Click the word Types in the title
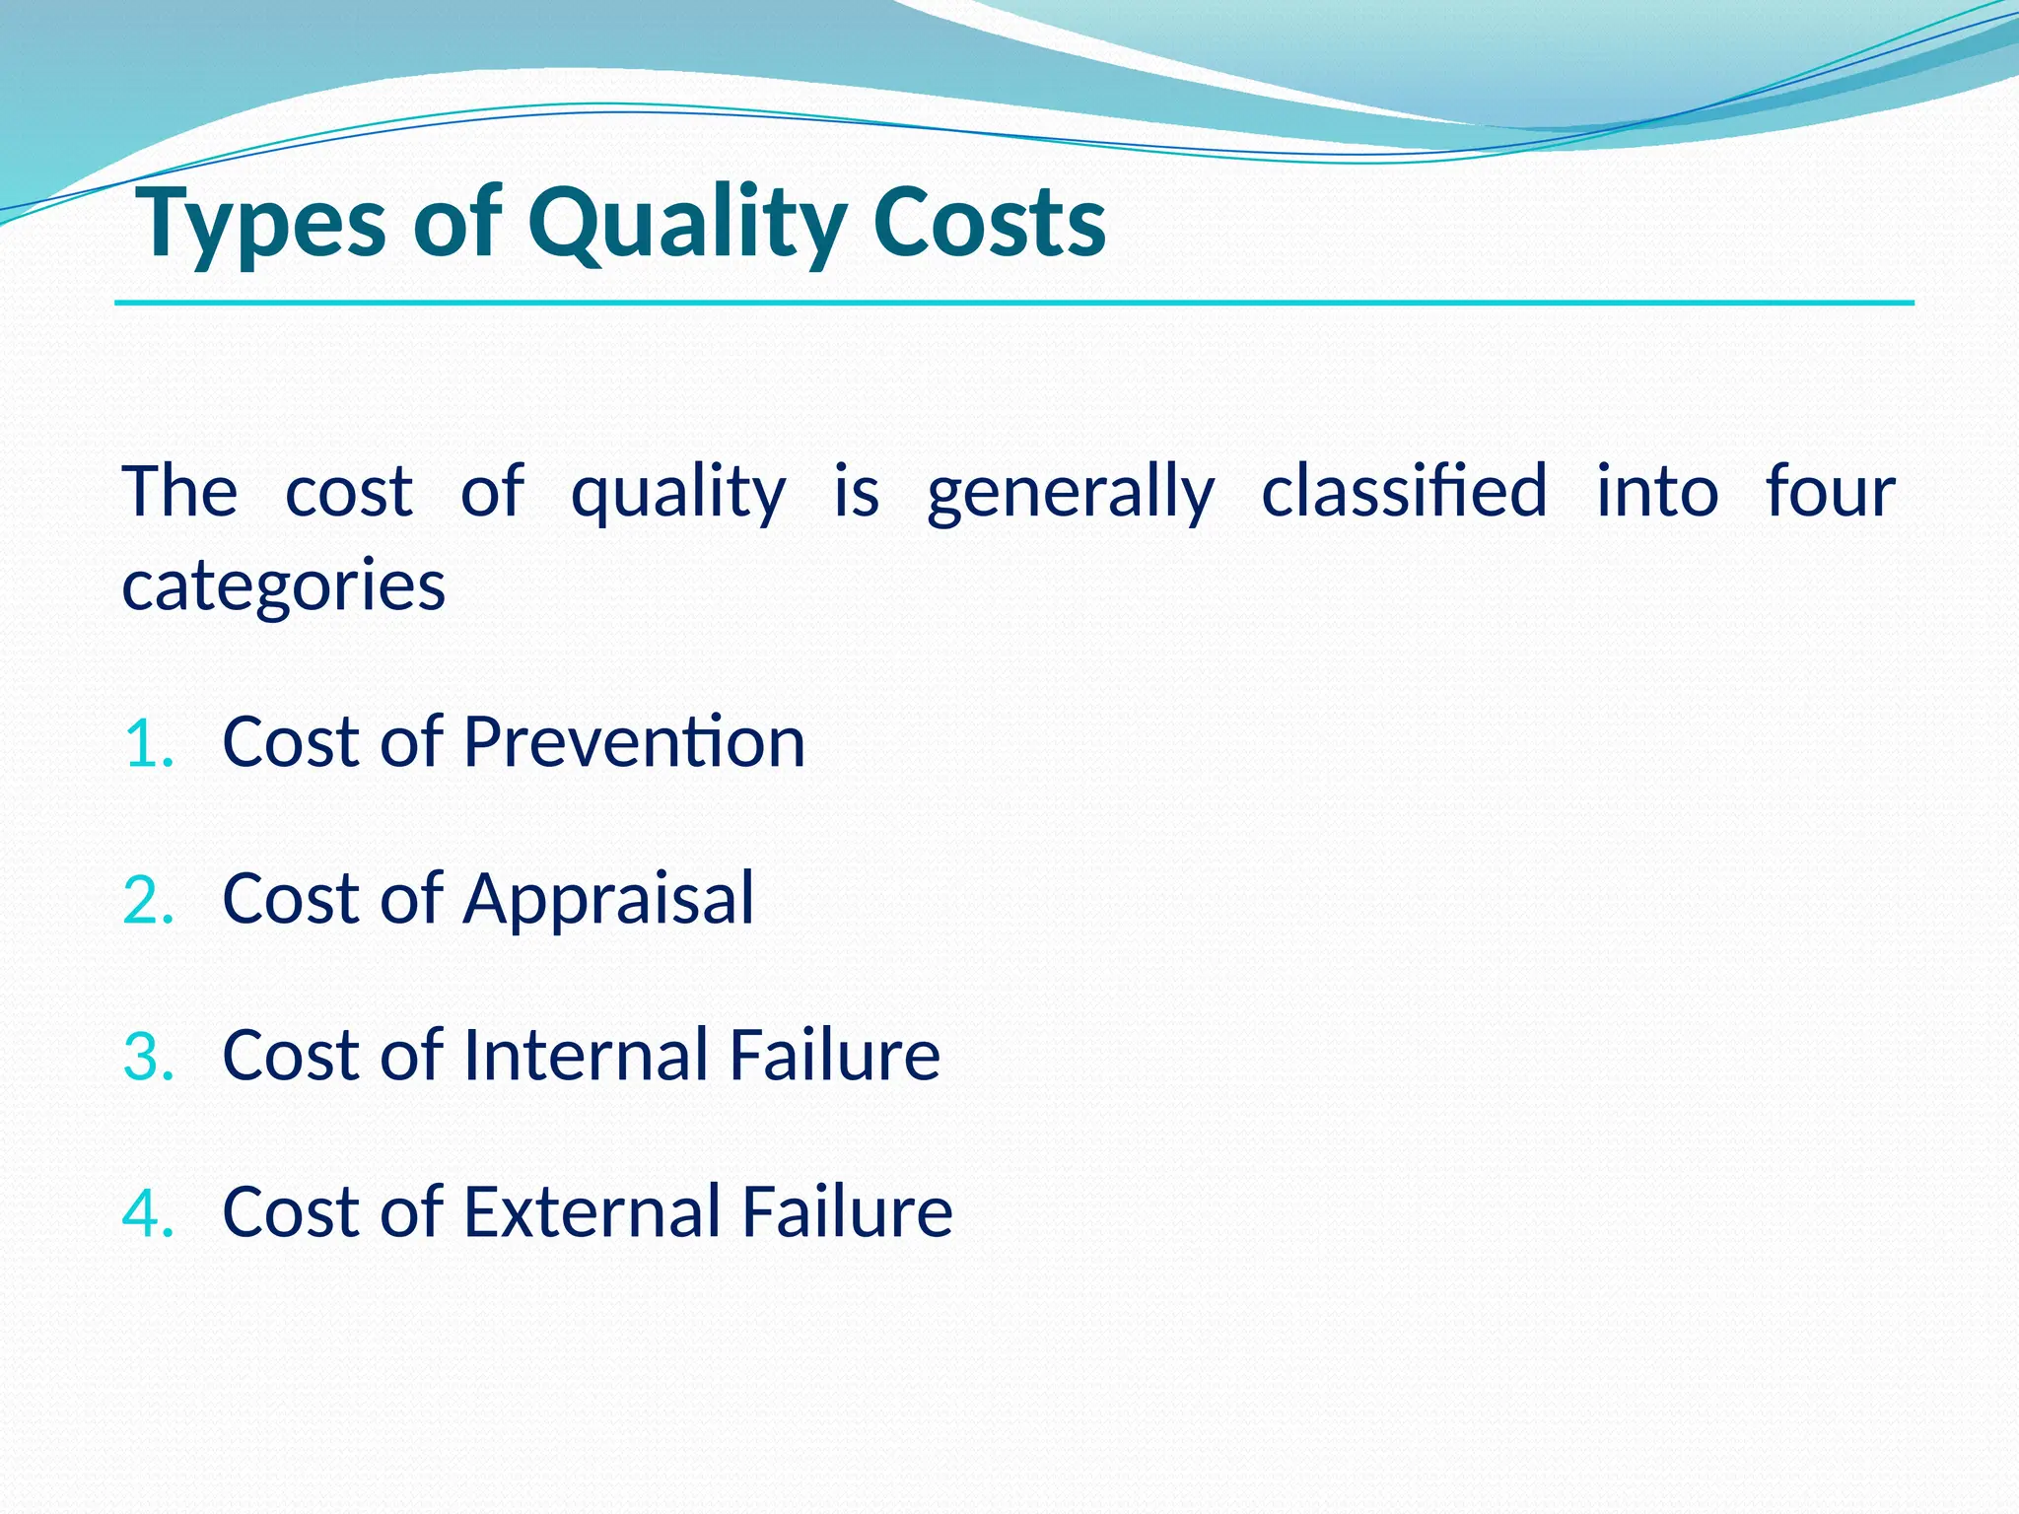[261, 225]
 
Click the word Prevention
[634, 741]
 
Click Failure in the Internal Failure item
[835, 1055]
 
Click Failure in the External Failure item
[847, 1211]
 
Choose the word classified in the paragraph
[1404, 490]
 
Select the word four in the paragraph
[1830, 490]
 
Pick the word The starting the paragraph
[179, 490]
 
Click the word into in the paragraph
[1656, 490]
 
